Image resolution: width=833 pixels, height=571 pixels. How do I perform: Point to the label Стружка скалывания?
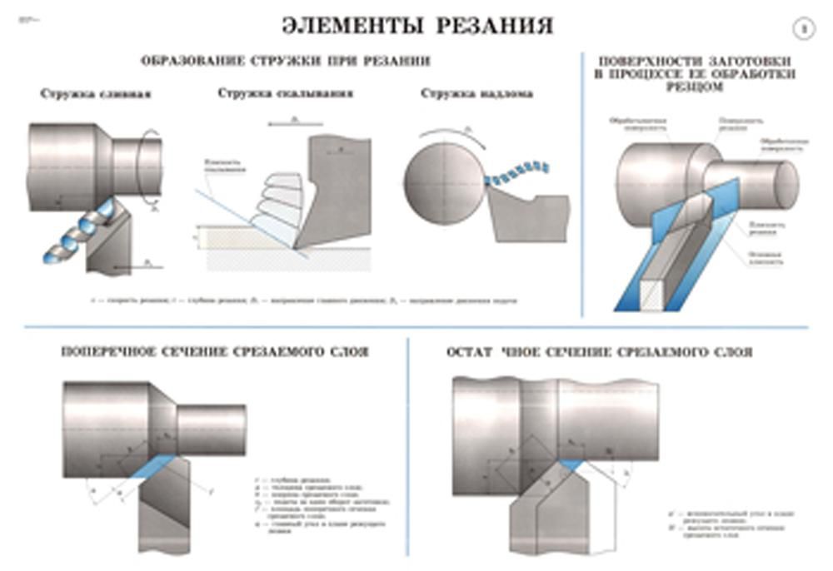285,93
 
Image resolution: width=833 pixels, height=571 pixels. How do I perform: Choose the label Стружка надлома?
465,93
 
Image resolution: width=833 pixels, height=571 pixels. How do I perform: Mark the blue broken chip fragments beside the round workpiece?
517,173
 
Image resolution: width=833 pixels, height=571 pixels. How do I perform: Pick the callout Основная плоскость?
766,258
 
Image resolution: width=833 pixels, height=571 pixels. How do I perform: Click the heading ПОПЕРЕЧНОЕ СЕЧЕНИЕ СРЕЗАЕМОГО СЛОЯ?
215,352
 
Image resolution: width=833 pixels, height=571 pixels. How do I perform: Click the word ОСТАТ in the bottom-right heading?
471,352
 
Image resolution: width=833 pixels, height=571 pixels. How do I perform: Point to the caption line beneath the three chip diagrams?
304,300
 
